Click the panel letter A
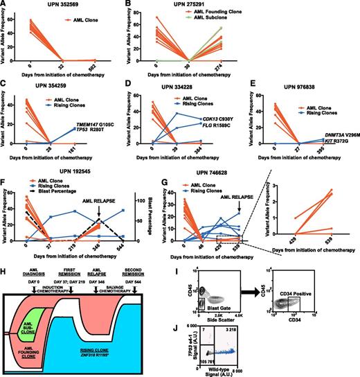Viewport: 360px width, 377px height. click(4, 6)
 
